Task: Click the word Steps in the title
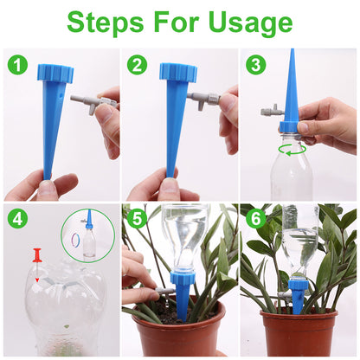coord(106,23)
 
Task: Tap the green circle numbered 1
coord(17,65)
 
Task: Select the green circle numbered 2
coord(138,65)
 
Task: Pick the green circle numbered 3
coord(256,65)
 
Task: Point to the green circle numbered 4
coord(17,219)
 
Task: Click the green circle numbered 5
coord(138,219)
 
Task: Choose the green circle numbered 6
coord(256,219)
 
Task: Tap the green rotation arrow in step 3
coord(293,150)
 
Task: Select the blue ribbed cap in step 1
coord(55,74)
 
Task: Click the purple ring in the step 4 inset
coord(75,241)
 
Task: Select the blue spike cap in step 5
coord(183,277)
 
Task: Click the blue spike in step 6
coord(297,292)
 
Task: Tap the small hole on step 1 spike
coord(61,95)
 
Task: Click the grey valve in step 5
coord(164,291)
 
